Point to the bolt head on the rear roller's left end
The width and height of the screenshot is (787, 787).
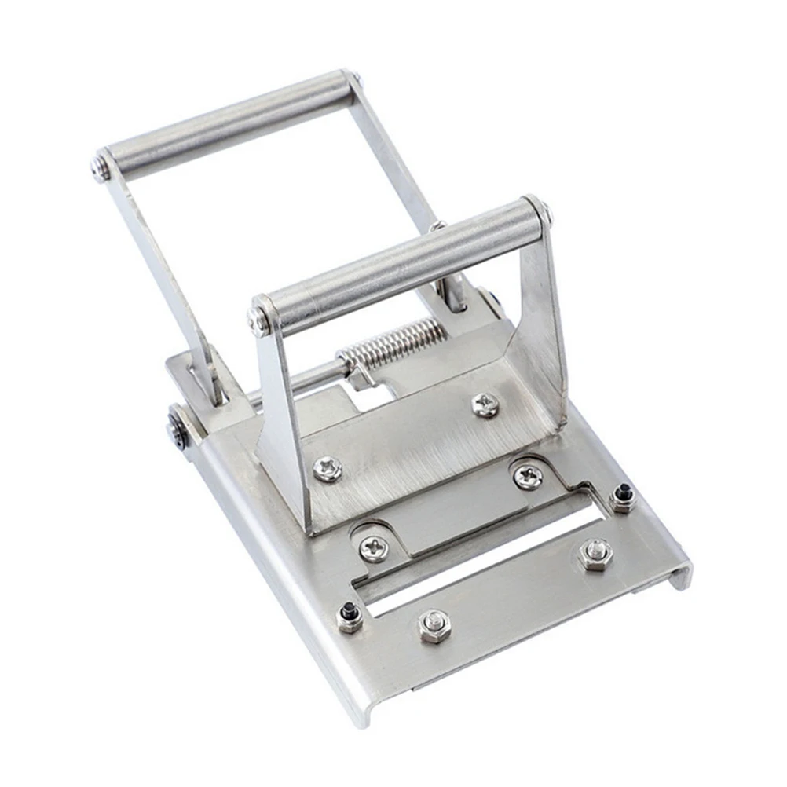point(101,167)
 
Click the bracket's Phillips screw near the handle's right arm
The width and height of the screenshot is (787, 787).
point(485,404)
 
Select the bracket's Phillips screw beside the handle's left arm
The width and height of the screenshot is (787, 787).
point(327,470)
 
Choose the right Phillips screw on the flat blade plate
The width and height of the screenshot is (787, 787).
point(528,477)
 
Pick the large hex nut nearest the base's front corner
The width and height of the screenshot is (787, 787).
point(434,626)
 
